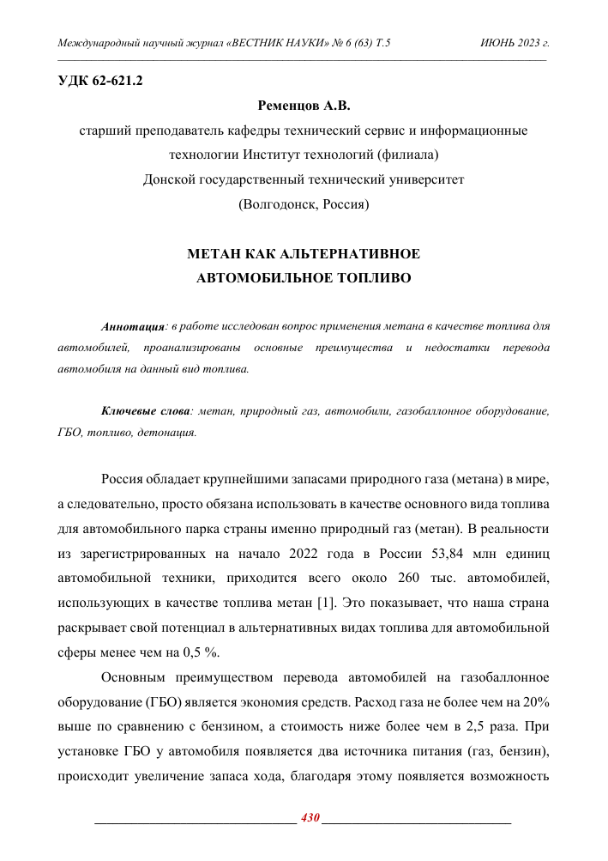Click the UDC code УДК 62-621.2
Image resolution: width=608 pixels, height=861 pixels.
coord(99,82)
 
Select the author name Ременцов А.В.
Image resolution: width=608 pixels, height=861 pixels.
coord(304,107)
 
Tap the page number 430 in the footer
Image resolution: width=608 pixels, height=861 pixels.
coord(310,817)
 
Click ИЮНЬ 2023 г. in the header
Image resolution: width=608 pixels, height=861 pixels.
coord(516,42)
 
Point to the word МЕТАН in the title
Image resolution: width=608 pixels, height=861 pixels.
coord(216,254)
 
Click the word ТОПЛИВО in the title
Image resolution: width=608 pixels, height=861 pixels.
coord(371,278)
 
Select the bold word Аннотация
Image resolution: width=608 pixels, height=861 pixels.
coord(133,327)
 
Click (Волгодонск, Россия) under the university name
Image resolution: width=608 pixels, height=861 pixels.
coord(304,204)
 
